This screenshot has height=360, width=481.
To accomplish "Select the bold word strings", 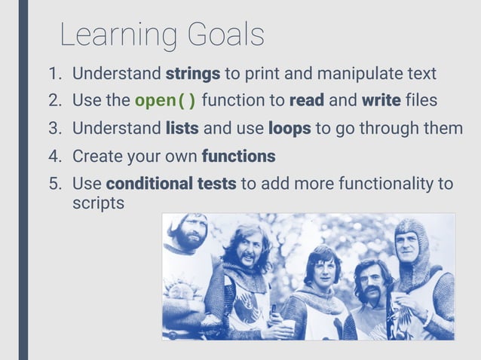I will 192,75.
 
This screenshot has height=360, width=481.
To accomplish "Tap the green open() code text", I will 166,101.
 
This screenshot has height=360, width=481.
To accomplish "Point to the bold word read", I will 306,101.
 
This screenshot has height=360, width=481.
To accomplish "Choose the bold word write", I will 381,101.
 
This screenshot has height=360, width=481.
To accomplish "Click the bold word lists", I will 182,129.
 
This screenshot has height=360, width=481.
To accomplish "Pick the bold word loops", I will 289,129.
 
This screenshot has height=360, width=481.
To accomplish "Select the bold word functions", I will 238,157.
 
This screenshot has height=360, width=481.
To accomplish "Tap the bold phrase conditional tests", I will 171,185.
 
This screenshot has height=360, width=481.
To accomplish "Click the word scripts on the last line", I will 98,203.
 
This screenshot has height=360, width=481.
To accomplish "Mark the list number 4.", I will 54,157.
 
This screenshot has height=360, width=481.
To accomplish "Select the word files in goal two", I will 421,101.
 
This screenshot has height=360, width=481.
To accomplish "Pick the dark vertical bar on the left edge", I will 23,180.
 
